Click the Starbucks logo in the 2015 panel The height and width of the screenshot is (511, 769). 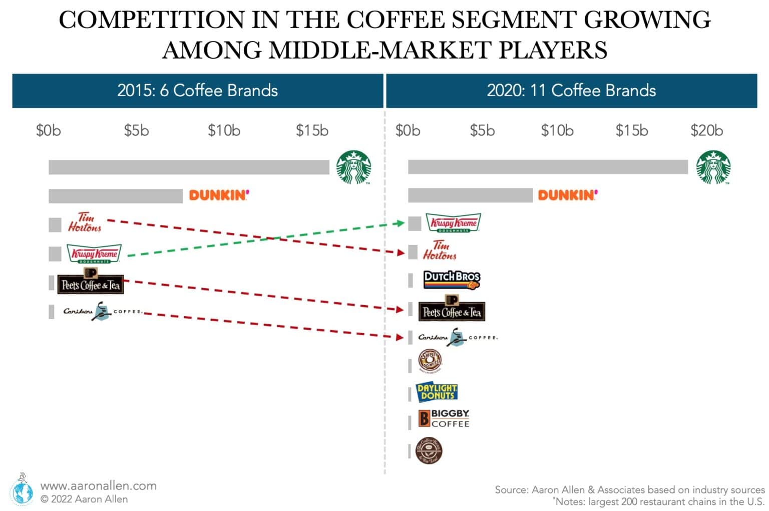(353, 167)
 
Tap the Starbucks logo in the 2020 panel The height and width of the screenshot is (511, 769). (713, 167)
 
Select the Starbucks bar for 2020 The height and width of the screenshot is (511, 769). (548, 167)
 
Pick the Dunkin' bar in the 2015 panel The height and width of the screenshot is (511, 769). (116, 196)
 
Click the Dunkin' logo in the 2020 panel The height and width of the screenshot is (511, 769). (568, 195)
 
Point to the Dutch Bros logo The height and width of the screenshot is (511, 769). (452, 280)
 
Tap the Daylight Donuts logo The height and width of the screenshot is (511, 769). (437, 392)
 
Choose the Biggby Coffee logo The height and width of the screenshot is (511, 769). (444, 419)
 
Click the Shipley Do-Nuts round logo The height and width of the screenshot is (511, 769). (430, 361)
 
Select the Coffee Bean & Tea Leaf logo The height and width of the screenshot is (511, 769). (429, 450)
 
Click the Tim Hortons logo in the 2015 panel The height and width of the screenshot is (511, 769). (85, 222)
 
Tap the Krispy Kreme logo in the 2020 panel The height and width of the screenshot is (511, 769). (453, 223)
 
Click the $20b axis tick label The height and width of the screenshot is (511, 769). (706, 131)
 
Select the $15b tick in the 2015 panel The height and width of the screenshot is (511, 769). (312, 131)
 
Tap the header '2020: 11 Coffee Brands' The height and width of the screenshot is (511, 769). (571, 91)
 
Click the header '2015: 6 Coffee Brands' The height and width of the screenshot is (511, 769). (197, 91)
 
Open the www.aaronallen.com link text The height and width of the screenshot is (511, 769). (98, 485)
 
